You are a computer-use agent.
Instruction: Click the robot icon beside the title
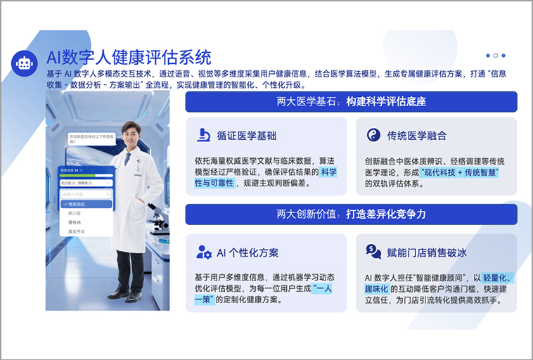pos(24,63)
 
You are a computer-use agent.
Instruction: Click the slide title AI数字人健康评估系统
pos(129,56)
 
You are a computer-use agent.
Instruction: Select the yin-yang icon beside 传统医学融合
pos(373,135)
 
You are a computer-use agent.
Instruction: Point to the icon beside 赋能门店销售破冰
pos(373,252)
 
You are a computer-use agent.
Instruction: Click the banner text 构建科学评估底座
pos(386,102)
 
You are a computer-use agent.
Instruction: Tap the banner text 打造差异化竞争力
pos(386,214)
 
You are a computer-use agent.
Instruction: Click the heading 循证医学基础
pos(247,136)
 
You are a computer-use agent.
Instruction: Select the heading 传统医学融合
pos(416,136)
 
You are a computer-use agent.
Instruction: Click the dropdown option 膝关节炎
pos(77,231)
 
